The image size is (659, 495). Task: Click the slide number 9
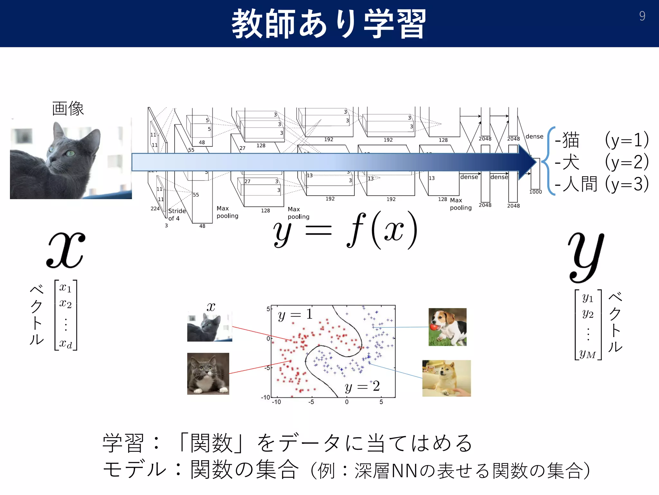pos(642,16)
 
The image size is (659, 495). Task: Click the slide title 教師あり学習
pos(329,24)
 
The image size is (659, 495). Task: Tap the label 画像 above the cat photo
pos(68,108)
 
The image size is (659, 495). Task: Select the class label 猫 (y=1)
pos(601,140)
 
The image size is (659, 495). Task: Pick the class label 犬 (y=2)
pos(601,162)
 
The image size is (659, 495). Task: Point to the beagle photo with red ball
pos(447,327)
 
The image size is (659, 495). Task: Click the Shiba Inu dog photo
pos(446,378)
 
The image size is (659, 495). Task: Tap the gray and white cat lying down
pos(208,374)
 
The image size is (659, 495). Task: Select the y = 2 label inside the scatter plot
pos(362,386)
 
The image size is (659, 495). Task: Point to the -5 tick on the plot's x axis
pos(311,402)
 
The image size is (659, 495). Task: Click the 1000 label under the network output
pos(535,192)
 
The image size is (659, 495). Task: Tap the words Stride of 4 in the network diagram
pos(176,214)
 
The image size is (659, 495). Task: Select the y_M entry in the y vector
pos(588,354)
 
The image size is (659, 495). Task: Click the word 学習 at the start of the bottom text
pos(123,443)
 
